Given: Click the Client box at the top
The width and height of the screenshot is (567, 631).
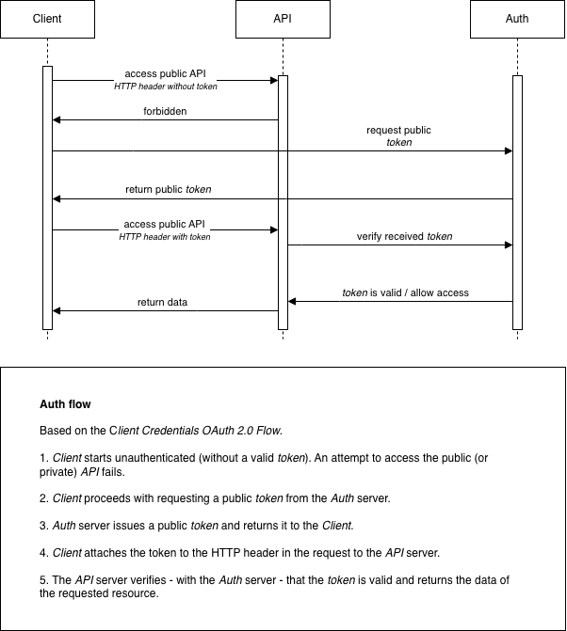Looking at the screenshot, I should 47,19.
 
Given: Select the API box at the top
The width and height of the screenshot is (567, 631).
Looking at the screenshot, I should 283,19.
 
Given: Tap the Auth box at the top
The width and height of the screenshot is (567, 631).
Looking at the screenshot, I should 517,19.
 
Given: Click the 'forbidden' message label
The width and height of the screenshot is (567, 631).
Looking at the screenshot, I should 165,111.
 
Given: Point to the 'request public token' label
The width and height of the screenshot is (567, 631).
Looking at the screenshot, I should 399,136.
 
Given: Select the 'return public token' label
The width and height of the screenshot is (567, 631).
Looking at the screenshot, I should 169,189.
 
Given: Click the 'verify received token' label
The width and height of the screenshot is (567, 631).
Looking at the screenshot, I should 404,236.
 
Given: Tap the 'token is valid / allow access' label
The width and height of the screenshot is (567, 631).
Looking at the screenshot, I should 405,292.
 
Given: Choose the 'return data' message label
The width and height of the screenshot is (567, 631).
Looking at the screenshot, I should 162,302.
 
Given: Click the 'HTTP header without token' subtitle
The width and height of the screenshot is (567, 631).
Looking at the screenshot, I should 165,87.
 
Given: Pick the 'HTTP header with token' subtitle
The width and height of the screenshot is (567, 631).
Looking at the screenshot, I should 165,237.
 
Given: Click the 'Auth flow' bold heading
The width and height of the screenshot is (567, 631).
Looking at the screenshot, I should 65,404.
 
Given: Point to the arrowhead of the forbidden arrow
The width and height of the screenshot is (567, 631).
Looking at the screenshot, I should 57,119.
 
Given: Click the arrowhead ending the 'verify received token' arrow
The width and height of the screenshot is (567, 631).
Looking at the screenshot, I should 509,245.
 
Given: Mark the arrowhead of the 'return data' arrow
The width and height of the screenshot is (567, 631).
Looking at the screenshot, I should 57,310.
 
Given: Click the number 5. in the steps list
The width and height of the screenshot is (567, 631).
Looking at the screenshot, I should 43,580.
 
